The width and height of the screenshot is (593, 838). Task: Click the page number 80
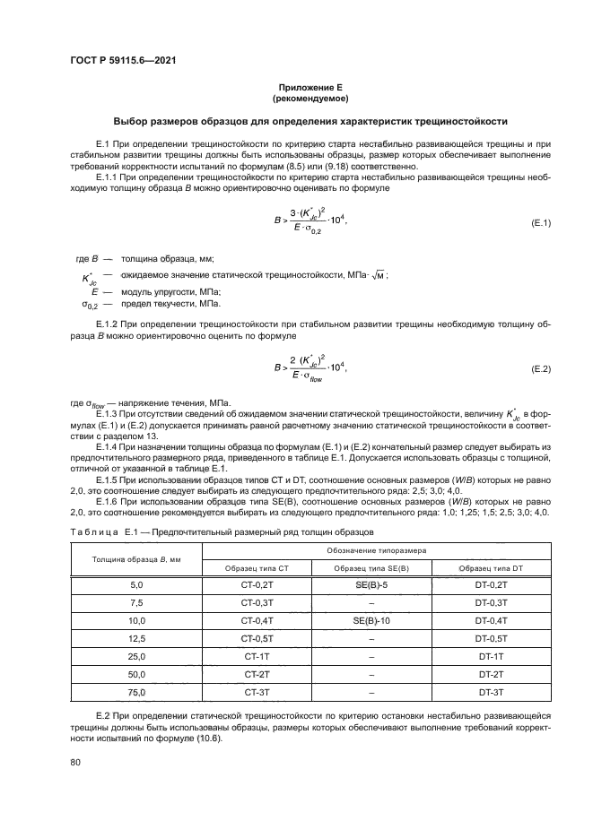(75, 762)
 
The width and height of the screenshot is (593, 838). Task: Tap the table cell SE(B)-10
(370, 620)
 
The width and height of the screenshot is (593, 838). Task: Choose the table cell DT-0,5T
(492, 638)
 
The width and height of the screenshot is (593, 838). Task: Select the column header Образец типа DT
(492, 568)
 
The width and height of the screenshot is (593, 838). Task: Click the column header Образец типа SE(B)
(370, 568)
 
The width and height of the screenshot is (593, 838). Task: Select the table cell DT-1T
(492, 656)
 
